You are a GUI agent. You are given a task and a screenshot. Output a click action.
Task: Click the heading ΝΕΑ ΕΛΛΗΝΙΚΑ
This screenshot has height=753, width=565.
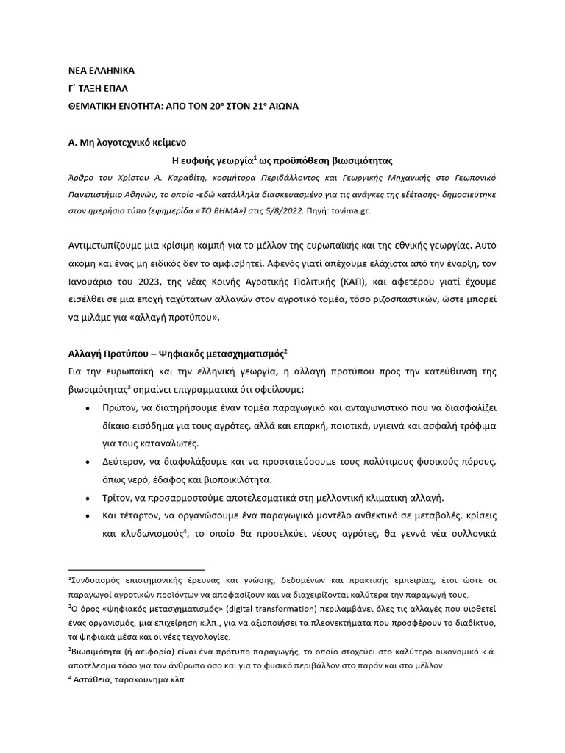[102, 71]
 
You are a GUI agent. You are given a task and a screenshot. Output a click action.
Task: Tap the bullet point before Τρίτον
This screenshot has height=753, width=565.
[89, 498]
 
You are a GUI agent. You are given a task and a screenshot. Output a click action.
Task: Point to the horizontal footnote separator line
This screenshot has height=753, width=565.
[137, 569]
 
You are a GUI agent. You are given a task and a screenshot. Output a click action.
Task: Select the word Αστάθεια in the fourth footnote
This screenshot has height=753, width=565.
[90, 680]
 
